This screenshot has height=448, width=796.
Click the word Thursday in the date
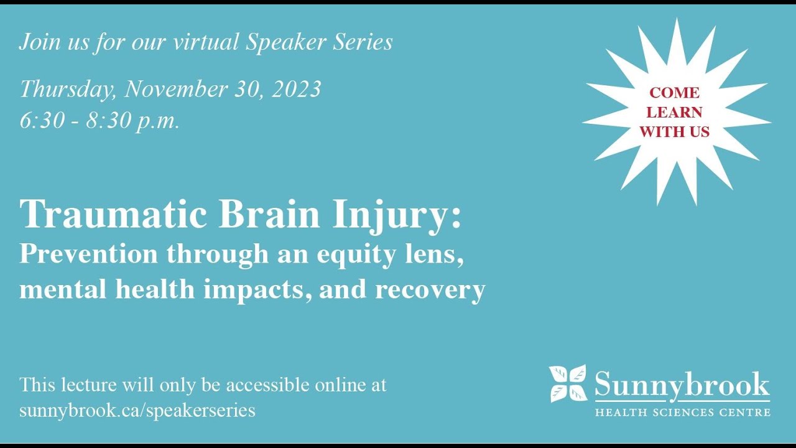tap(67, 89)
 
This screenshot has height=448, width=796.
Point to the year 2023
tap(297, 89)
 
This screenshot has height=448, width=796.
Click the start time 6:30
tap(42, 120)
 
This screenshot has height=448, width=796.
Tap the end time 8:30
tap(109, 120)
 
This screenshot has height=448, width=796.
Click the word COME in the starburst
tap(674, 93)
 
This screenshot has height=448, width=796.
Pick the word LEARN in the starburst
tap(674, 112)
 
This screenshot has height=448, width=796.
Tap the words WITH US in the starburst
tap(674, 131)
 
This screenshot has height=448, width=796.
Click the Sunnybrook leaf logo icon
tap(567, 383)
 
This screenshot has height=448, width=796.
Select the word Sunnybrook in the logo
tap(682, 385)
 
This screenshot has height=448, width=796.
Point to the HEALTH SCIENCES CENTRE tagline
tap(682, 412)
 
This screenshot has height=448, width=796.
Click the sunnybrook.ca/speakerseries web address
tap(137, 411)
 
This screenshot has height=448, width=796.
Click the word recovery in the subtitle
tap(430, 289)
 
